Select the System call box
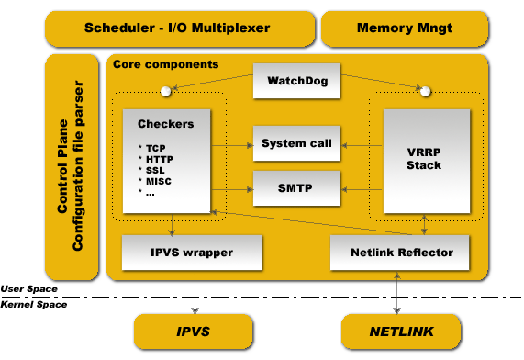point(296,143)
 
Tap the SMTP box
point(296,188)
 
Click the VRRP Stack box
point(423,159)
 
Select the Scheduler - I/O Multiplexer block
point(178,28)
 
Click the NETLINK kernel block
point(401,331)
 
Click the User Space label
point(28,288)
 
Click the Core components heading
point(165,64)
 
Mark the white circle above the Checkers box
point(166,91)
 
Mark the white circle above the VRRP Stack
point(423,91)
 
